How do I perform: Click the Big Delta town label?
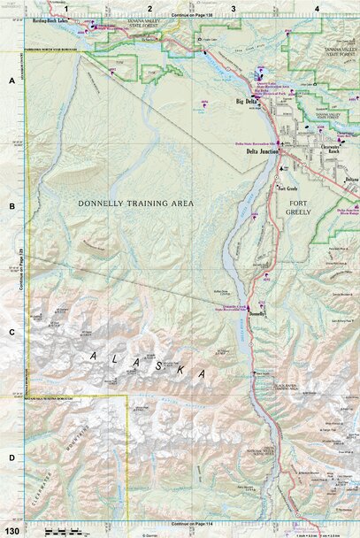(246, 104)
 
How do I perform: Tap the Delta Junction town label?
(263, 151)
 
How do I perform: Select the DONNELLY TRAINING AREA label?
(135, 204)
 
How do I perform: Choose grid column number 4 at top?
(316, 8)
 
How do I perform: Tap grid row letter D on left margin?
(11, 457)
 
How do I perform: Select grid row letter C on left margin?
(11, 332)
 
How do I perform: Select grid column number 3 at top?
(233, 8)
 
